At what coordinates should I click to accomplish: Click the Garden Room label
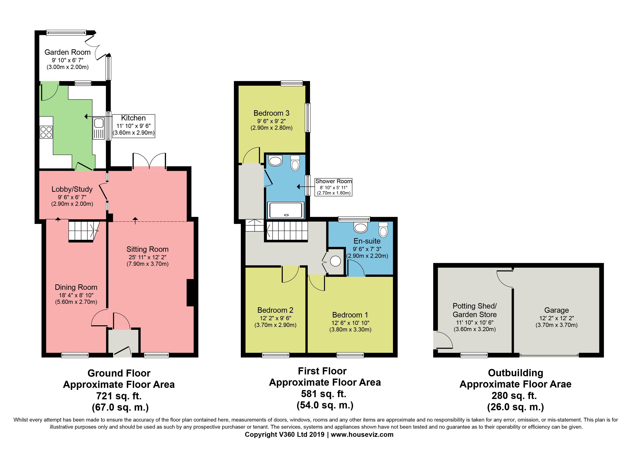pyautogui.click(x=67, y=52)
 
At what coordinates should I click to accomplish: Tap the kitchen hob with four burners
pyautogui.click(x=46, y=132)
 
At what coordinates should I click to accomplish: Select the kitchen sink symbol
pyautogui.click(x=99, y=128)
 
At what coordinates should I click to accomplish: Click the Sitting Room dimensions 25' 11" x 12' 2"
pyautogui.click(x=148, y=257)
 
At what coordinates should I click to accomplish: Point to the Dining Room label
pyautogui.click(x=76, y=287)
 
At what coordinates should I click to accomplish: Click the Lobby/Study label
pyautogui.click(x=72, y=189)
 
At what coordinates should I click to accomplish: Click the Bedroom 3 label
pyautogui.click(x=271, y=113)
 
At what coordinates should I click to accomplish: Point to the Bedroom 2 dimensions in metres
pyautogui.click(x=276, y=325)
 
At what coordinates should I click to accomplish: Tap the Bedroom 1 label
pyautogui.click(x=350, y=315)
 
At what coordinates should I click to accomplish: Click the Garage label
pyautogui.click(x=557, y=310)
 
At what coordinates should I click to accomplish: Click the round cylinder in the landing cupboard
pyautogui.click(x=335, y=261)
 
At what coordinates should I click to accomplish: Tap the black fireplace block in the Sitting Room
pyautogui.click(x=190, y=293)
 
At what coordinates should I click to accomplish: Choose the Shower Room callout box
pyautogui.click(x=333, y=187)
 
